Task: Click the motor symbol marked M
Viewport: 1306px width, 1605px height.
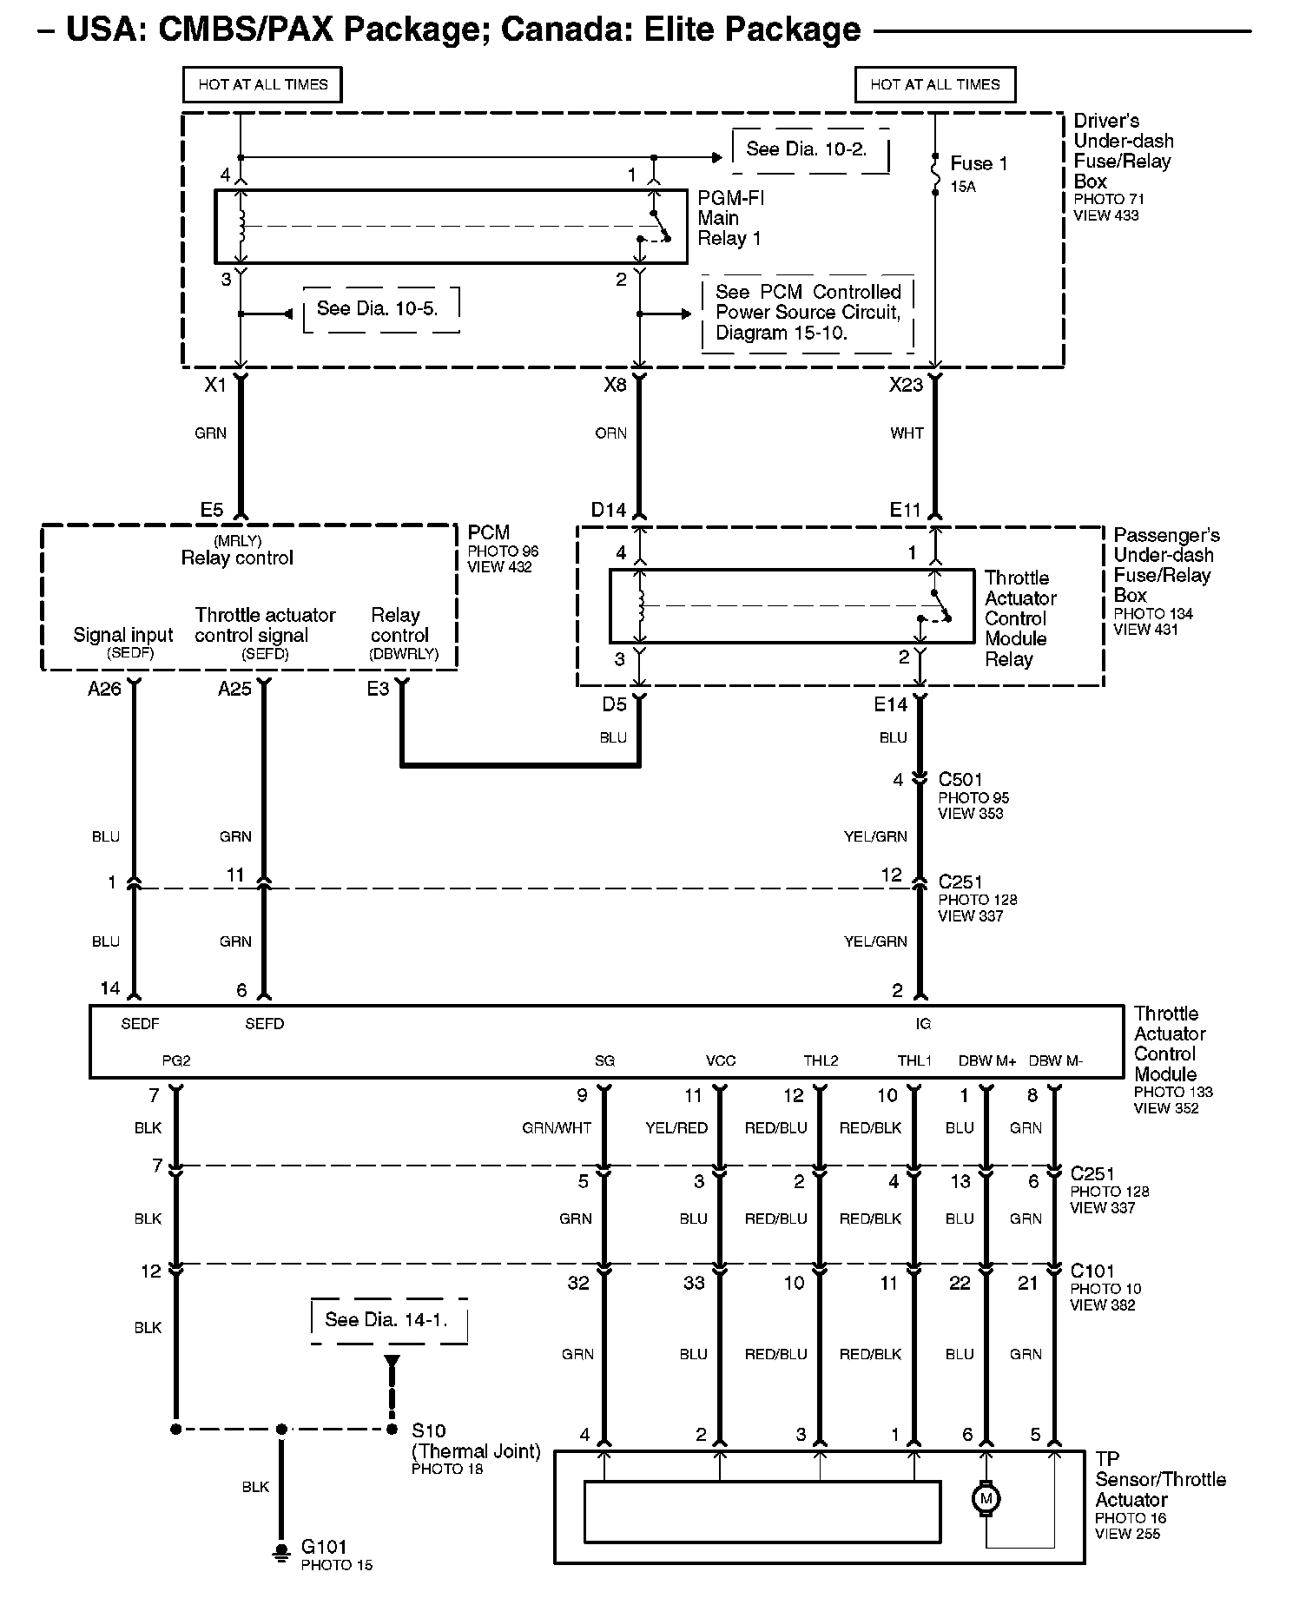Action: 986,1498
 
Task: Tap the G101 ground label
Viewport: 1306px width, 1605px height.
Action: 324,1546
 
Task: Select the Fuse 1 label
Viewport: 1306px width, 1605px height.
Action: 979,163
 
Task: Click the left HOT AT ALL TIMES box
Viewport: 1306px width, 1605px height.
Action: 262,85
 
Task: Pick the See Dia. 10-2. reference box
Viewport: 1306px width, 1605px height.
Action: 807,149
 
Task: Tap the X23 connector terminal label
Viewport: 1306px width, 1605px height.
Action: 906,385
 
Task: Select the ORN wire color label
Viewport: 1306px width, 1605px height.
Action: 610,433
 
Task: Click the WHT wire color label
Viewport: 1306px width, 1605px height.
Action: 907,433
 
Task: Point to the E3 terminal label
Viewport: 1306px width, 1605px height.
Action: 378,689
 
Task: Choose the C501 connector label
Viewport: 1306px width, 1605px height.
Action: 960,779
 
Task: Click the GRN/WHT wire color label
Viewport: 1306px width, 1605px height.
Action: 557,1127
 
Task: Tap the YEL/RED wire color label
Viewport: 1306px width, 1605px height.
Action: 676,1127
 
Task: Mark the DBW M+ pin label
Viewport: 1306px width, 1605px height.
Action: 986,1060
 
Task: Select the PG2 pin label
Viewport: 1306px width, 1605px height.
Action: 176,1060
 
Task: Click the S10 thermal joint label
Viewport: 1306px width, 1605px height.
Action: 428,1430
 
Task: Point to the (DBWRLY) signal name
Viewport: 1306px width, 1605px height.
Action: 404,654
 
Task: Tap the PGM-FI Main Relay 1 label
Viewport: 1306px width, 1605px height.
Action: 730,218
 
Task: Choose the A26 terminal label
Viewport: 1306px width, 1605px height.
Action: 104,689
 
